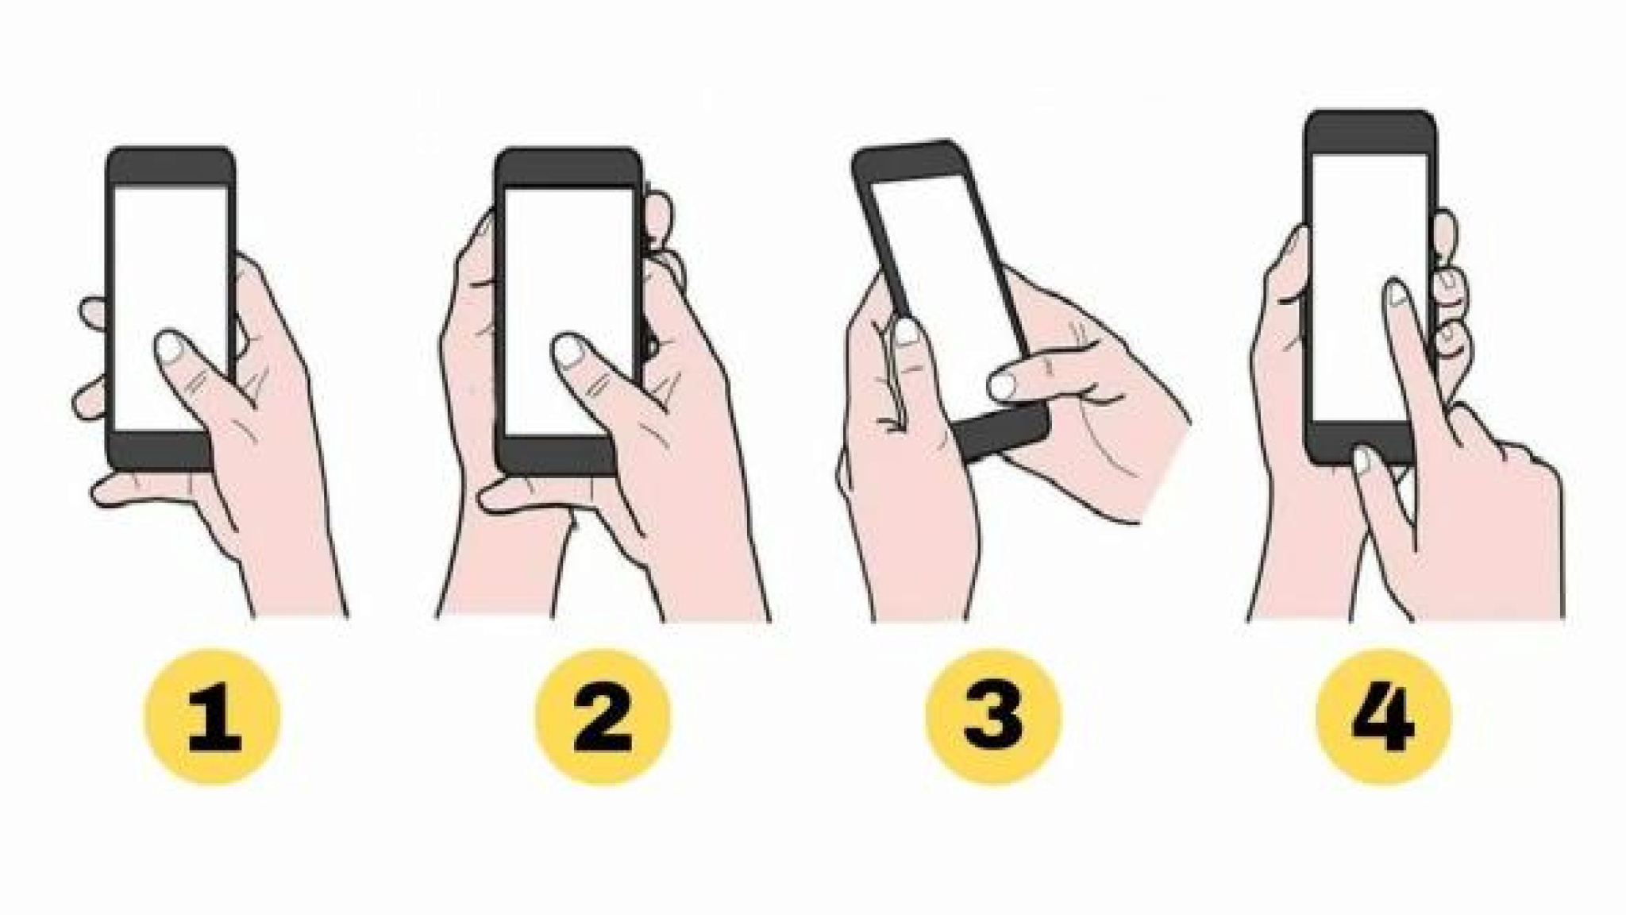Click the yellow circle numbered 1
211,717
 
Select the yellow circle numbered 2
603,717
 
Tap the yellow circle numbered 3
993,717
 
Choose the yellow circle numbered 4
1383,717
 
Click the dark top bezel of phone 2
567,168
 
